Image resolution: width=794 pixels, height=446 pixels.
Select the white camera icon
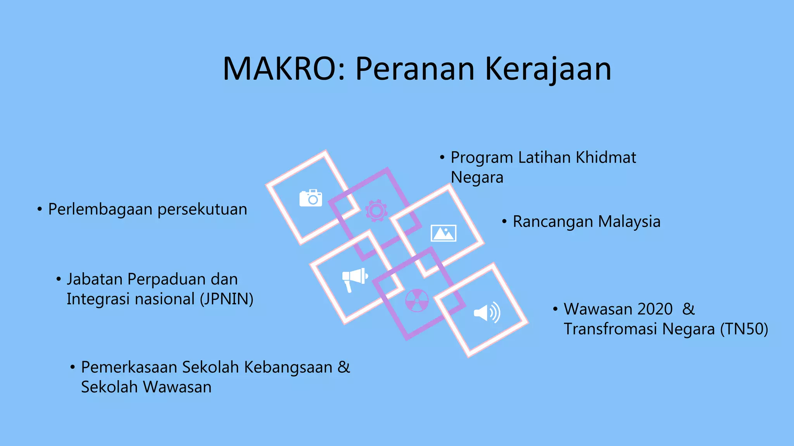tap(311, 198)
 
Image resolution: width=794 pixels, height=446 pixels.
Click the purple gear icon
tap(376, 211)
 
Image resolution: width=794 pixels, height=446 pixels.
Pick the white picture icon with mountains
tap(444, 233)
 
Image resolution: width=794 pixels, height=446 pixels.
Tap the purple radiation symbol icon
tap(417, 300)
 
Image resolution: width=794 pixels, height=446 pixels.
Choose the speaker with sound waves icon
tap(487, 312)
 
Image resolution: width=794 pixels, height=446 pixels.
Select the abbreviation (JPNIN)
tap(226, 299)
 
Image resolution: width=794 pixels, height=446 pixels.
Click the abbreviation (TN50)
tap(744, 329)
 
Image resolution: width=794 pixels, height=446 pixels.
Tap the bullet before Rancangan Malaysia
tap(504, 222)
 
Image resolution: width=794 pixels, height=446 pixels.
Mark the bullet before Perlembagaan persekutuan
tap(40, 209)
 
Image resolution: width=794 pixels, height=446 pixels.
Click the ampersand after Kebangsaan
tap(343, 367)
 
